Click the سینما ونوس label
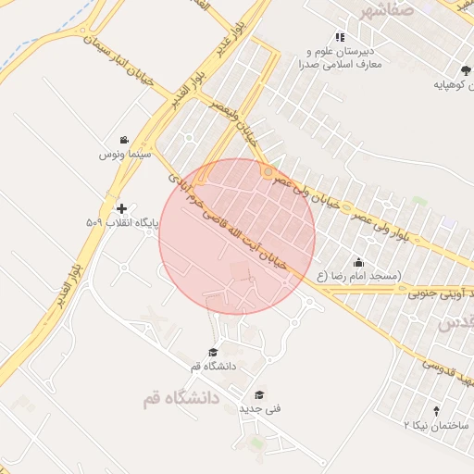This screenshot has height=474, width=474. coord(125,155)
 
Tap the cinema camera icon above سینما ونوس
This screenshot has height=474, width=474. coord(124,139)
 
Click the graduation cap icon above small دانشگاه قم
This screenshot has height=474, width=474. coord(213,353)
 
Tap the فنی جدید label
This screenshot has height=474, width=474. coord(260,407)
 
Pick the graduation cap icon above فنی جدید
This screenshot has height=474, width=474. coord(258,393)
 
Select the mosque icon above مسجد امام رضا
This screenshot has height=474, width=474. coord(358,263)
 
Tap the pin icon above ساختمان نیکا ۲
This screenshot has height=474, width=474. coord(437,409)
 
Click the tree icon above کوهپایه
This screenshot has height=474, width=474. coord(463,70)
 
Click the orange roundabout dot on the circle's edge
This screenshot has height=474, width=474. coord(268,172)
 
